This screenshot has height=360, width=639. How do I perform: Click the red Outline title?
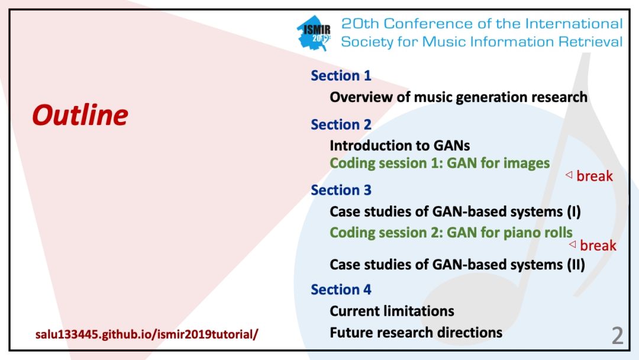pos(79,115)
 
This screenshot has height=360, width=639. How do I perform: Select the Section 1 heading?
pos(341,76)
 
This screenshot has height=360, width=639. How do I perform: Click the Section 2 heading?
pos(341,125)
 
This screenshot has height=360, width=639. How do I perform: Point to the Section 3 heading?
pos(341,190)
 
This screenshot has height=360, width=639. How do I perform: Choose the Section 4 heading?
pos(341,290)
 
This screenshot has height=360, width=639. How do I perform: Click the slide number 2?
pos(617,336)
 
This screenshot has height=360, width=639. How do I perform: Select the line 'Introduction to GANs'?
pos(399,146)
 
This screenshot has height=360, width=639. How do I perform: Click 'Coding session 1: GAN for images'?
pos(440,163)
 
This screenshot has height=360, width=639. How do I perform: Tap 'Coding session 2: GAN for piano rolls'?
pos(451,232)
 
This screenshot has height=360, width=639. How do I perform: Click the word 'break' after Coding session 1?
pos(595,176)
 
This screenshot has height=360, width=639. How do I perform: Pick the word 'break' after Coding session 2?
pos(598,245)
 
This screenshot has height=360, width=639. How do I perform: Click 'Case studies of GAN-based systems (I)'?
pos(455,211)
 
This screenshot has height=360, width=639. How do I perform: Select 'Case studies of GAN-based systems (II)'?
pos(457,264)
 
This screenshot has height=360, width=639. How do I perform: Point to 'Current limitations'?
pos(392,311)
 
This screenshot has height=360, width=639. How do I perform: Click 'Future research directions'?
pos(416,332)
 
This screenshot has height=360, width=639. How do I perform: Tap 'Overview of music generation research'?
pos(459,97)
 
